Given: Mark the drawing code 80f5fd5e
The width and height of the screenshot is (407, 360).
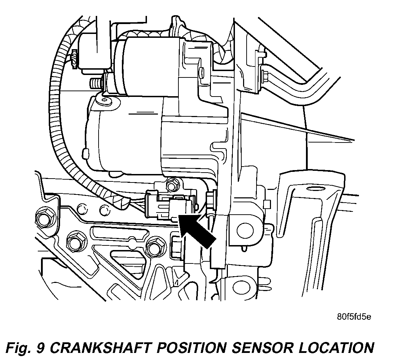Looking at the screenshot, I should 354,317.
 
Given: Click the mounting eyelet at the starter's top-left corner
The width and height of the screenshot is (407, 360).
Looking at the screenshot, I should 105,100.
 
